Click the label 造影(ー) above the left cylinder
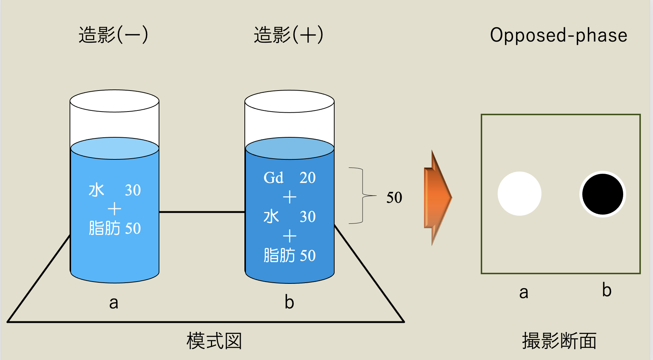[x=113, y=35]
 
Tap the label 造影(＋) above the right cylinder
[x=288, y=35]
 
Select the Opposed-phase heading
[x=558, y=35]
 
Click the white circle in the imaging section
[x=519, y=194]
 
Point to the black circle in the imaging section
[x=603, y=194]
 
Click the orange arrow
[x=438, y=197]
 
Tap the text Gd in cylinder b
[x=273, y=178]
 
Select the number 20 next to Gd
[x=307, y=178]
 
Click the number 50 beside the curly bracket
[x=394, y=198]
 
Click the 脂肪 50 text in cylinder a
[x=114, y=228]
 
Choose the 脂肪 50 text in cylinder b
[x=289, y=255]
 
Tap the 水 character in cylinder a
[x=96, y=190]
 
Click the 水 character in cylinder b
[x=271, y=216]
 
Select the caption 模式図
[x=214, y=341]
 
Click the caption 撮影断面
[x=559, y=341]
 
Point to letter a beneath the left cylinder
[x=114, y=303]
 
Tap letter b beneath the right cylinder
[x=289, y=302]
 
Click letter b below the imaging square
[x=607, y=290]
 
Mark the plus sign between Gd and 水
[x=290, y=197]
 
